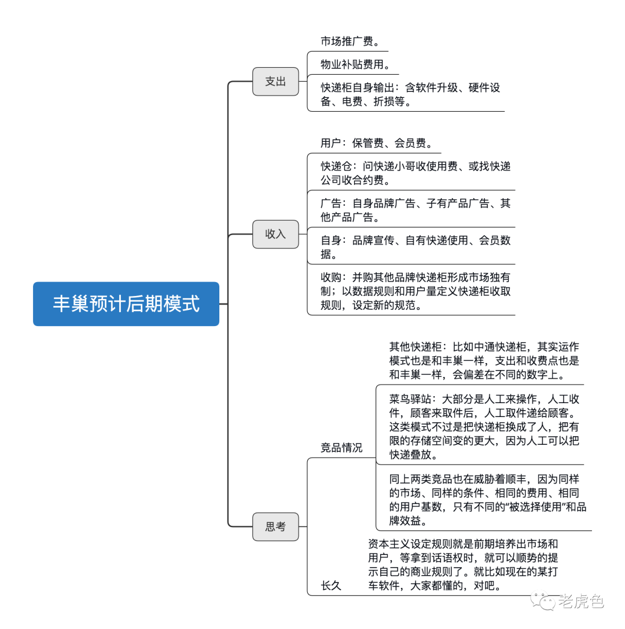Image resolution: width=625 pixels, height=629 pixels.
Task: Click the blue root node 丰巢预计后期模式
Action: pyautogui.click(x=126, y=304)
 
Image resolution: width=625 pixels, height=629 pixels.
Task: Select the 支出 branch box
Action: pyautogui.click(x=275, y=82)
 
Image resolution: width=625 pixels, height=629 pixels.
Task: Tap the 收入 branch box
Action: pyautogui.click(x=275, y=234)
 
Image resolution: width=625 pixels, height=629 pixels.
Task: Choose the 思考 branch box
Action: pyautogui.click(x=275, y=526)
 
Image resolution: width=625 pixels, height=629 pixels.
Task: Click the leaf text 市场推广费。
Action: pyautogui.click(x=350, y=42)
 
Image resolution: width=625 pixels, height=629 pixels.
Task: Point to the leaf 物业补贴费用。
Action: pyautogui.click(x=355, y=64)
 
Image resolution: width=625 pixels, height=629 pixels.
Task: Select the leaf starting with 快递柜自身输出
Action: pyautogui.click(x=410, y=95)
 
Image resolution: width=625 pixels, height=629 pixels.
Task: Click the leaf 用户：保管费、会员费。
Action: pyautogui.click(x=376, y=143)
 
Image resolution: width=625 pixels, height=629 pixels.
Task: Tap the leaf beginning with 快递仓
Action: pyautogui.click(x=416, y=173)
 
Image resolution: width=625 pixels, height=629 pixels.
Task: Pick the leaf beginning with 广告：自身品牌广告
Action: pyautogui.click(x=416, y=210)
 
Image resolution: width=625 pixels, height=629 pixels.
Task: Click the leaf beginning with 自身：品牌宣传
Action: pyautogui.click(x=416, y=247)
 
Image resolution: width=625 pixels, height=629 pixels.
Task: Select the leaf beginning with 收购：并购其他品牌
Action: pyautogui.click(x=416, y=291)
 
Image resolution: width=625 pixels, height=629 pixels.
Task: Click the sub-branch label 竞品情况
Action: pyautogui.click(x=341, y=448)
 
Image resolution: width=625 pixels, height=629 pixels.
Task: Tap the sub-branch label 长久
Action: pyautogui.click(x=331, y=586)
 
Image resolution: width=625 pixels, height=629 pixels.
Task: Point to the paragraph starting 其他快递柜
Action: pyautogui.click(x=484, y=360)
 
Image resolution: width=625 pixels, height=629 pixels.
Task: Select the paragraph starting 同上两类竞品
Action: pyautogui.click(x=487, y=499)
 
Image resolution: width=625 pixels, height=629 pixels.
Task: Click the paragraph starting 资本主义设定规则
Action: pyautogui.click(x=463, y=565)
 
